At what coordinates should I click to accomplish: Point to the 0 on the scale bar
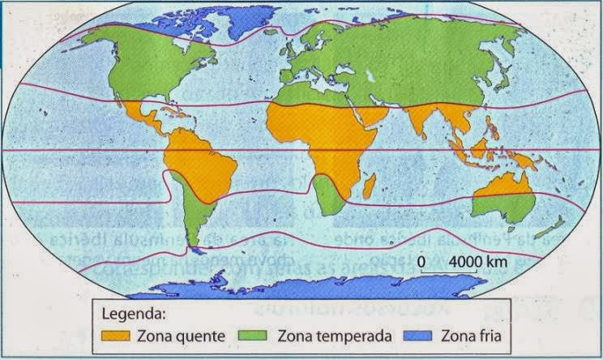tap(421, 263)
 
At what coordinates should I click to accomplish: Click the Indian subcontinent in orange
tap(422, 122)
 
